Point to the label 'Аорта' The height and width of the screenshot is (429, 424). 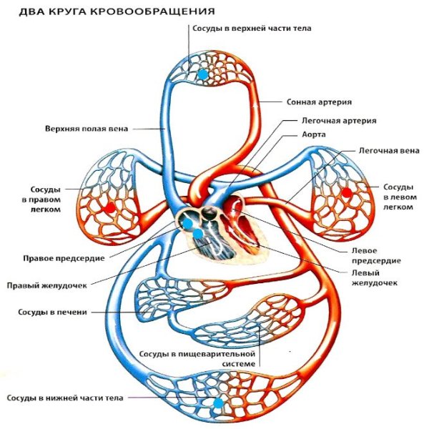coord(314,134)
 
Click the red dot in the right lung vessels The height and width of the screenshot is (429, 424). coord(109,207)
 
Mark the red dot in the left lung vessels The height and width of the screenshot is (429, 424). coord(347,192)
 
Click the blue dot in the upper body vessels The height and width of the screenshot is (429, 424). coord(204,74)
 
